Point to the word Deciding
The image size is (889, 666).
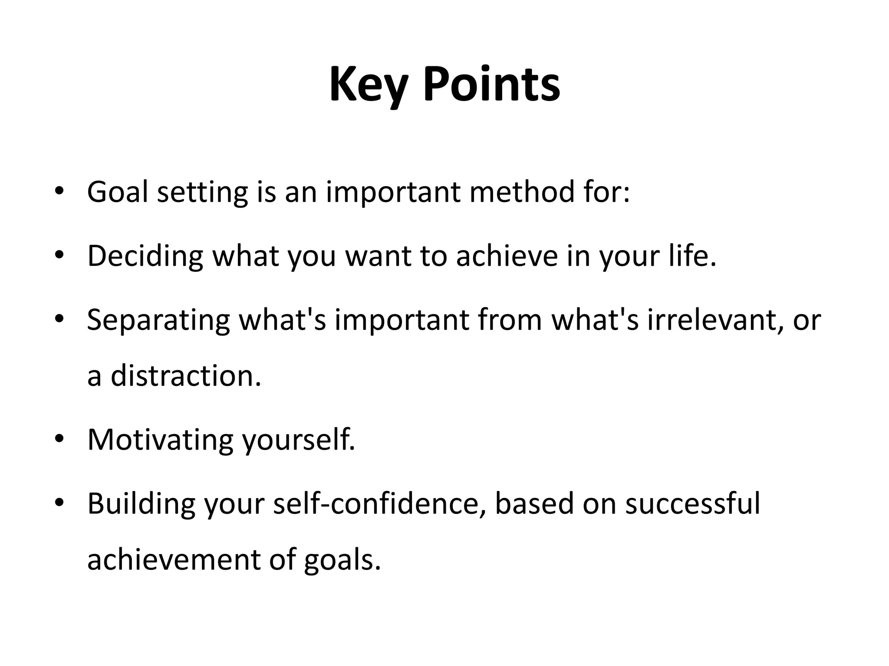(x=145, y=256)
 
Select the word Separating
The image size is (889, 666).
(x=158, y=320)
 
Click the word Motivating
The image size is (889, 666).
(x=160, y=440)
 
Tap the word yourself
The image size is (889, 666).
(x=298, y=440)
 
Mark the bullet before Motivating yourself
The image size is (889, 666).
(x=59, y=439)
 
